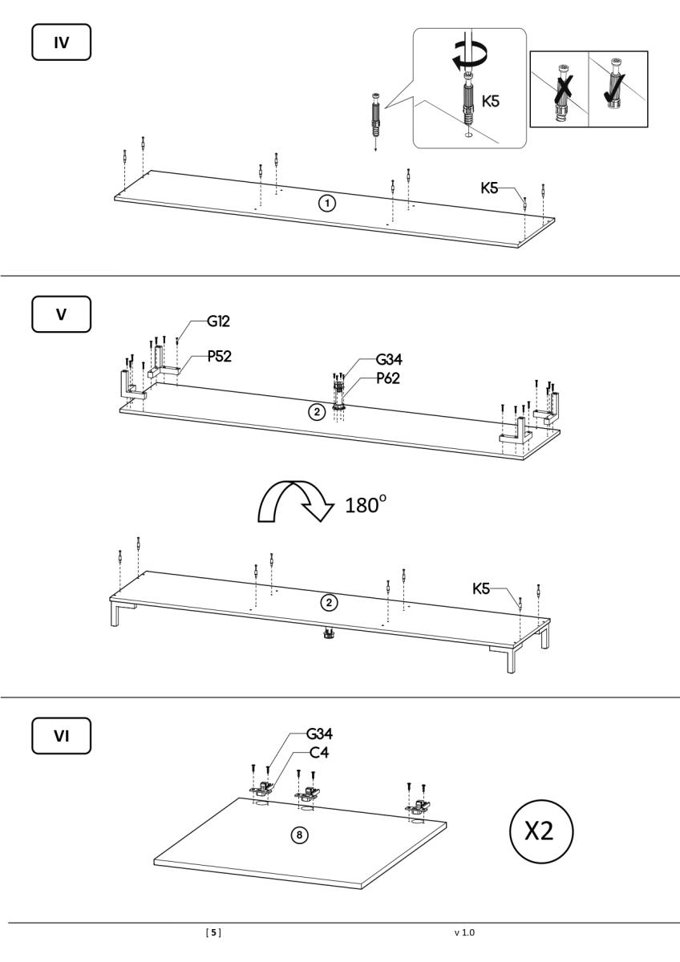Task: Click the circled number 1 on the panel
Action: tap(326, 203)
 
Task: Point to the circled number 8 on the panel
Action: tap(298, 835)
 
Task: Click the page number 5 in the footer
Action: tap(214, 932)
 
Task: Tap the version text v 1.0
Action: tap(465, 932)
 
